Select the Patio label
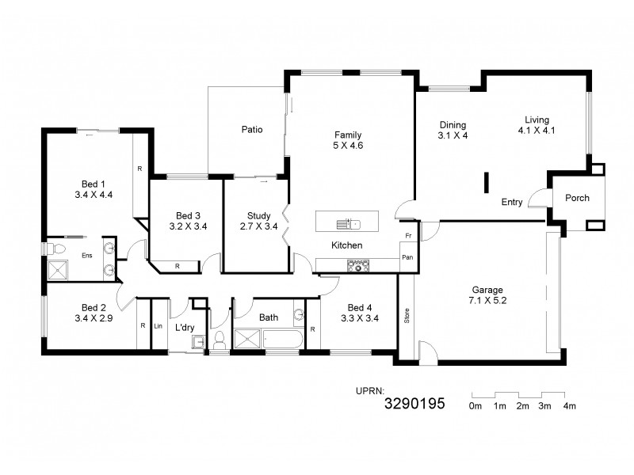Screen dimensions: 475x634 click(x=252, y=129)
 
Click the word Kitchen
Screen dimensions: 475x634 click(x=346, y=245)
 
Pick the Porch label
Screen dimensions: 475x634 click(x=577, y=197)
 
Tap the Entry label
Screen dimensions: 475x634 click(x=512, y=202)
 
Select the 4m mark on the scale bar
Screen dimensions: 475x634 click(x=568, y=406)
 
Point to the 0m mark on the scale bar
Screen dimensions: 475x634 click(x=475, y=406)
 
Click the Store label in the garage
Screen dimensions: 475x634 click(x=407, y=316)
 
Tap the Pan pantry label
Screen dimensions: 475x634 click(x=407, y=257)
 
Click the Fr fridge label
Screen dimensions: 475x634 click(x=407, y=237)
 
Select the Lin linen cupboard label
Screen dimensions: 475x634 click(x=158, y=325)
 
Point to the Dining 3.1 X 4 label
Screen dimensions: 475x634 click(x=453, y=130)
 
